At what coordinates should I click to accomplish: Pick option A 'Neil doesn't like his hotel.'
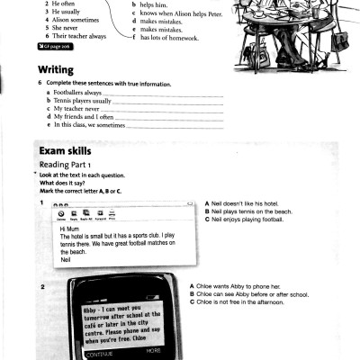(x=247, y=203)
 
